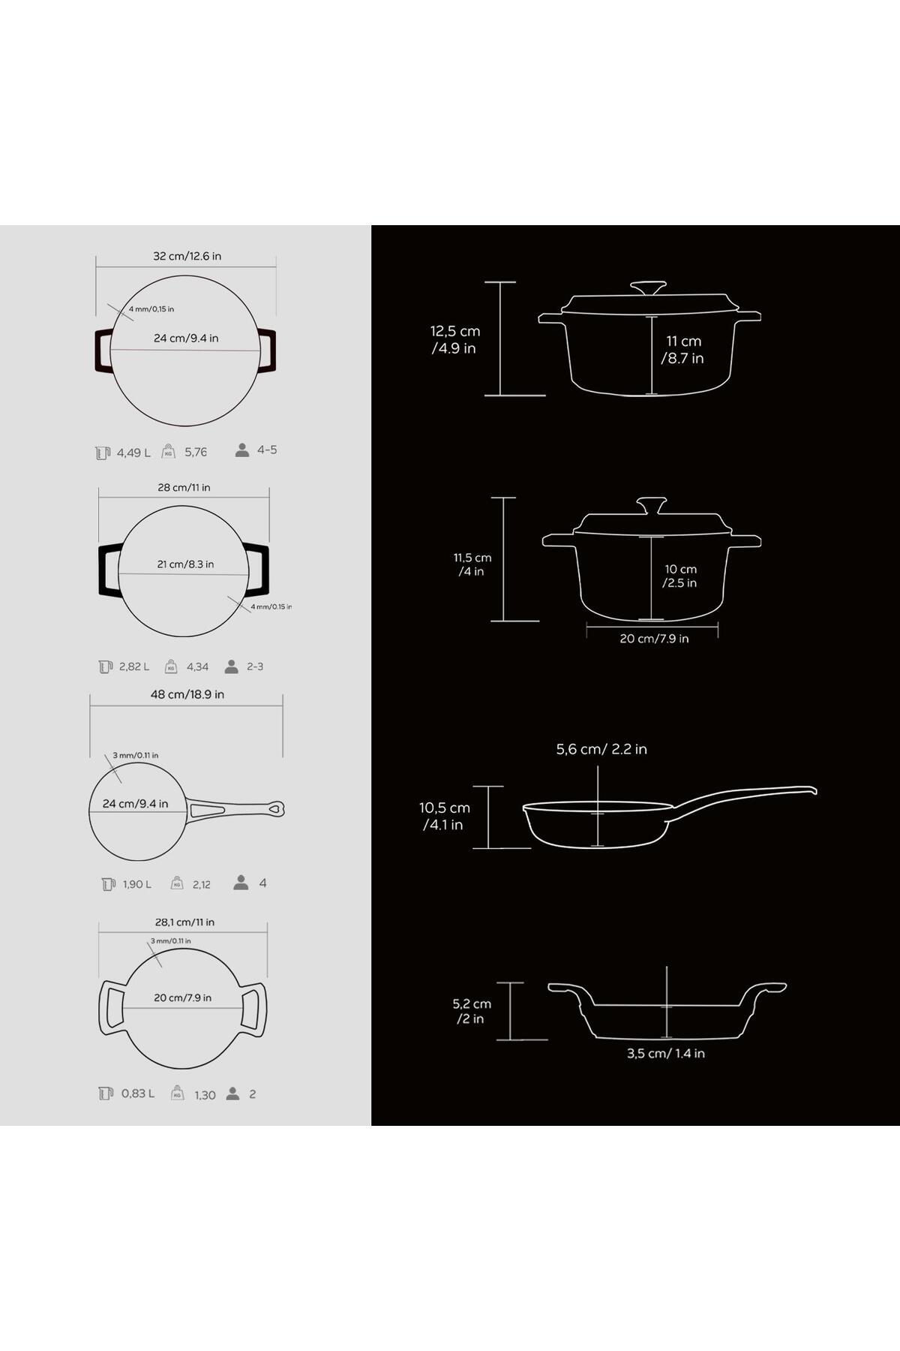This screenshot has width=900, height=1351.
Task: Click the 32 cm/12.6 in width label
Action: click(187, 256)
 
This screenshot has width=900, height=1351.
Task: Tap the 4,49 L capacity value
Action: click(133, 453)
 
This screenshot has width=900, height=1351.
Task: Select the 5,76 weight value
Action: click(196, 452)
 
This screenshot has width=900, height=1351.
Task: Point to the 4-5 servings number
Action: click(267, 450)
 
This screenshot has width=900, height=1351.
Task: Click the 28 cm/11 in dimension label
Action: click(184, 487)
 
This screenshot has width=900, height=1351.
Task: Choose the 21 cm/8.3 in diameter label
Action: click(185, 564)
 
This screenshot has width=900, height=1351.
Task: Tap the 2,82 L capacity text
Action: click(134, 666)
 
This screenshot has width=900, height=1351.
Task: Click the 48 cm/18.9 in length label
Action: click(187, 694)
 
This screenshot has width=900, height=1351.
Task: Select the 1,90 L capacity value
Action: click(137, 884)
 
